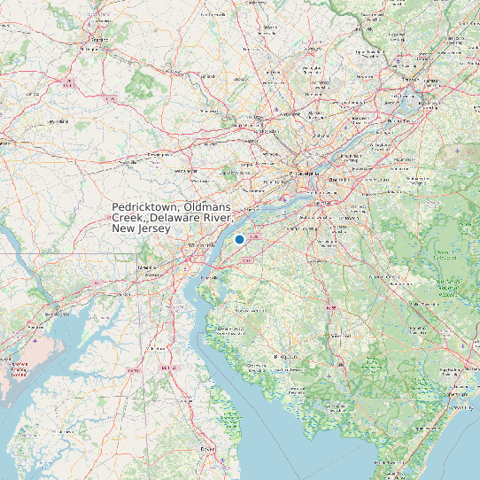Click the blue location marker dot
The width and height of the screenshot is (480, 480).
pyautogui.click(x=239, y=239)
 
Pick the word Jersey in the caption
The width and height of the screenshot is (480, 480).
pyautogui.click(x=153, y=228)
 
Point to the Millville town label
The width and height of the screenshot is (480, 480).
pyautogui.click(x=341, y=363)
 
